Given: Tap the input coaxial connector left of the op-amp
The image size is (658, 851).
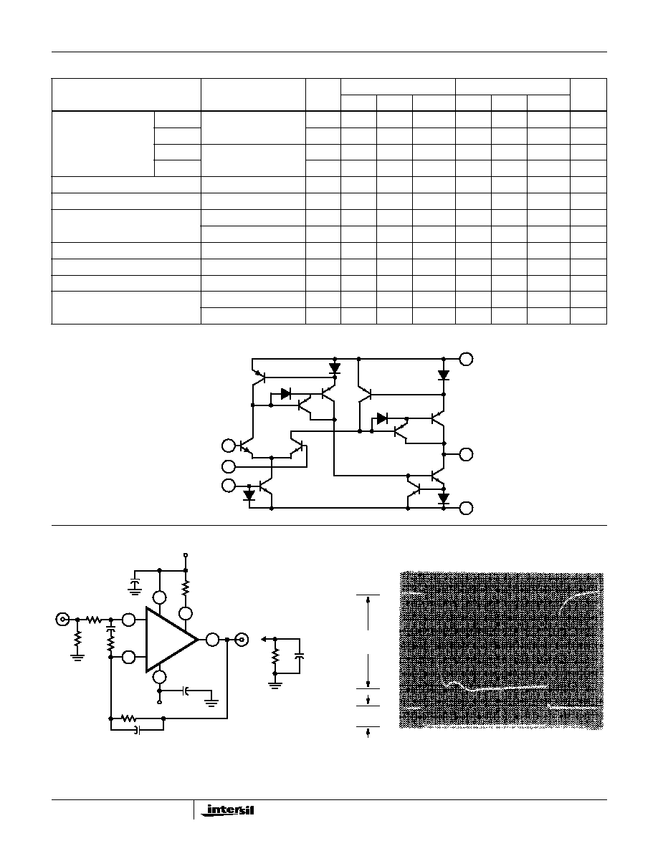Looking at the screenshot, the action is pyautogui.click(x=63, y=619).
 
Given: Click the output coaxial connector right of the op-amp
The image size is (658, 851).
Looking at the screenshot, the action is pyautogui.click(x=242, y=640).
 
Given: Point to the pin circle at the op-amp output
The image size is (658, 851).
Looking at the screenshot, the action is pyautogui.click(x=212, y=640).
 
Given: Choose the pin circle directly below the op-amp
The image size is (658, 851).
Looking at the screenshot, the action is pyautogui.click(x=160, y=676).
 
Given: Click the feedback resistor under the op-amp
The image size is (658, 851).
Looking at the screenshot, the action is pyautogui.click(x=128, y=718).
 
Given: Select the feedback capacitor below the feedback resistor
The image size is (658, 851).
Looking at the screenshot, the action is pyautogui.click(x=137, y=731).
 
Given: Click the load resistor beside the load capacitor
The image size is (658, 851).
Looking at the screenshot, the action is pyautogui.click(x=275, y=656).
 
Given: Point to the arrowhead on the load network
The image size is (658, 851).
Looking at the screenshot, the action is pyautogui.click(x=264, y=640).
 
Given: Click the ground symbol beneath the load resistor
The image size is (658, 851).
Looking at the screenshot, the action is pyautogui.click(x=275, y=685).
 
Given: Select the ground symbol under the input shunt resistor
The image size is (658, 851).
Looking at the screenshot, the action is pyautogui.click(x=77, y=657).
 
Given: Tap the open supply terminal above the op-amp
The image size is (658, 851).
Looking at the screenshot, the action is pyautogui.click(x=186, y=555).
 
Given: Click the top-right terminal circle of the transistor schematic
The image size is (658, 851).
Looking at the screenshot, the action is pyautogui.click(x=467, y=359).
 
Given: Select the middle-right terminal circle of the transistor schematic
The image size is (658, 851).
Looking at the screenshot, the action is pyautogui.click(x=467, y=453).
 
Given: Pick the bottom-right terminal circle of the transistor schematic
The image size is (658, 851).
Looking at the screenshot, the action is pyautogui.click(x=467, y=508).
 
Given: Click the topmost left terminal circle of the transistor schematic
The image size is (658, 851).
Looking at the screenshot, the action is pyautogui.click(x=229, y=446).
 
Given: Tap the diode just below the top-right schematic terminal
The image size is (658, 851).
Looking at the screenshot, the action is pyautogui.click(x=444, y=375).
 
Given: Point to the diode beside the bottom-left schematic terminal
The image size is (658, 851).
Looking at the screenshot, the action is pyautogui.click(x=249, y=495).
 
